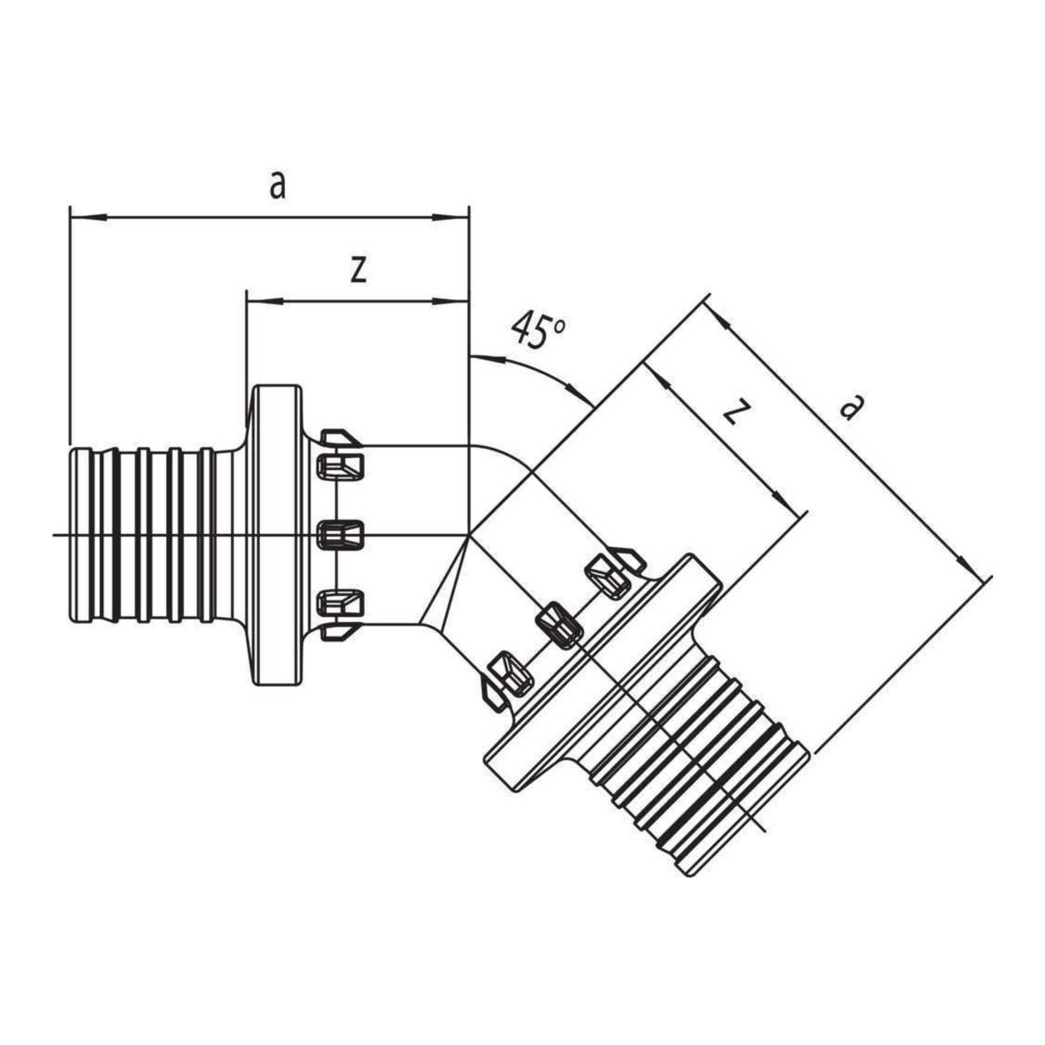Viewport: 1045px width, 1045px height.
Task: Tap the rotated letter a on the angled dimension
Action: coord(849,407)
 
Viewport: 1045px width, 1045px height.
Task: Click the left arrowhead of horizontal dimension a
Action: coord(88,218)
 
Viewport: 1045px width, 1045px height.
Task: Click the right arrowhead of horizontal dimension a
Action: coord(451,218)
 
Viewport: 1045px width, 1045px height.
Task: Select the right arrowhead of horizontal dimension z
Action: coord(451,301)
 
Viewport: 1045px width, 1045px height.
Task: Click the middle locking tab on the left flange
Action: coord(341,534)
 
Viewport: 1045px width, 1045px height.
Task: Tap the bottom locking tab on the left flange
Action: coord(341,602)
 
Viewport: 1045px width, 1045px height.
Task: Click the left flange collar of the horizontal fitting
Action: coord(276,534)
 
